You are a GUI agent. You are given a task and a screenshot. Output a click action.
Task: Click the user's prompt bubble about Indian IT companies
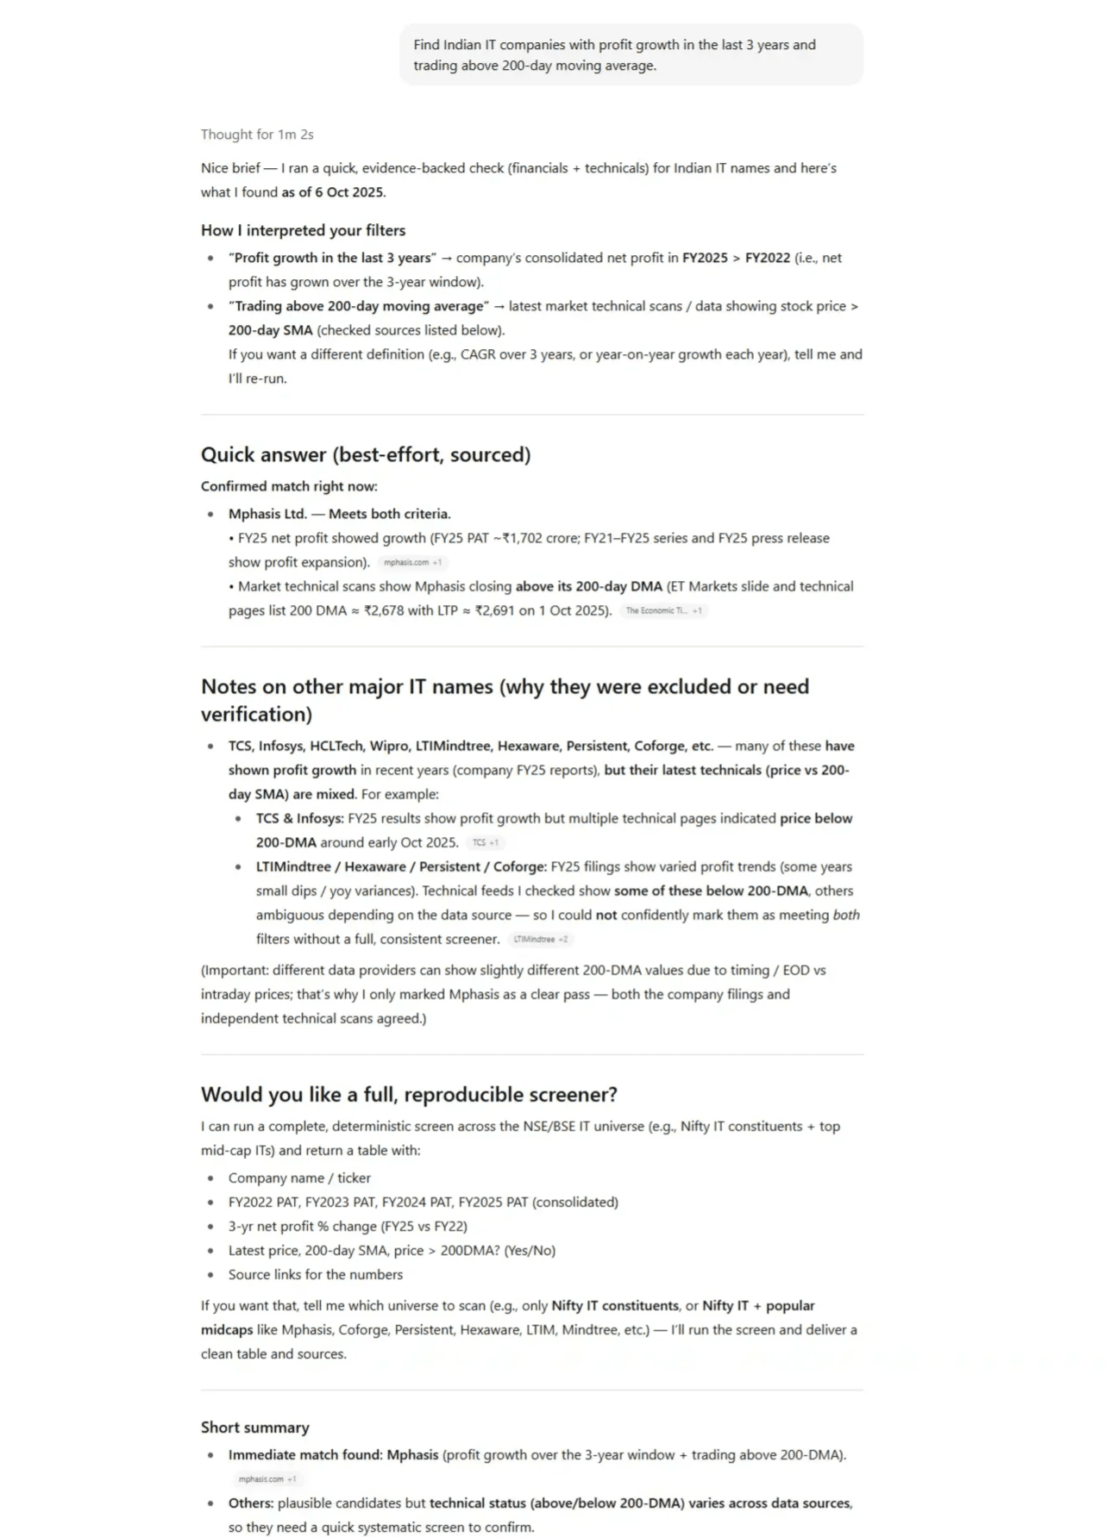[x=631, y=55]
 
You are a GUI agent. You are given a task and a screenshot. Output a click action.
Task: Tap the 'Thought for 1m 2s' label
[x=257, y=134]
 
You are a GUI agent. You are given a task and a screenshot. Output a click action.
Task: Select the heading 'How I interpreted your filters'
[x=303, y=230]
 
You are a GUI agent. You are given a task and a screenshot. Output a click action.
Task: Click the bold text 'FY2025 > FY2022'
[x=736, y=258]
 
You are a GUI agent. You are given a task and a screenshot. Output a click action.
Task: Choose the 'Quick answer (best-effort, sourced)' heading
[x=366, y=454]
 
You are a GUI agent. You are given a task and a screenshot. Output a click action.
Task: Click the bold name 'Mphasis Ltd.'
[x=267, y=514]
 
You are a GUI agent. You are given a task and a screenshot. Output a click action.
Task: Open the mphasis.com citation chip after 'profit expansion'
[x=412, y=563]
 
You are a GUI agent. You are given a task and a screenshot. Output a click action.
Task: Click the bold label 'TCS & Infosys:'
[x=299, y=818]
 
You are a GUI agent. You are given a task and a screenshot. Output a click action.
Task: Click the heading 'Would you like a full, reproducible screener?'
[x=409, y=1094]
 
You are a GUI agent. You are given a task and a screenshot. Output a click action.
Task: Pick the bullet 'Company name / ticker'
[x=299, y=1178]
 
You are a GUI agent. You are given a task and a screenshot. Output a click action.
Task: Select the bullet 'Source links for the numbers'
[x=315, y=1274]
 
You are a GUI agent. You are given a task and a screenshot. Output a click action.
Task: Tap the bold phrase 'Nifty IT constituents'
[x=615, y=1305]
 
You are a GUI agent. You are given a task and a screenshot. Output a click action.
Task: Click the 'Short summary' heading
[x=254, y=1427]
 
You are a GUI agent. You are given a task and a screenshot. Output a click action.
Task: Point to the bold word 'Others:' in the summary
[x=251, y=1503]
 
